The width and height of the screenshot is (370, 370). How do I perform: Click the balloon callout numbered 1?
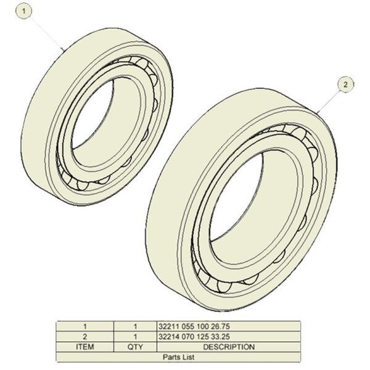(24, 11)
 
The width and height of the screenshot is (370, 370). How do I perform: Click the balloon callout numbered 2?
(345, 84)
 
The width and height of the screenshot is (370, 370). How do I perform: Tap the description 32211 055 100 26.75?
(194, 326)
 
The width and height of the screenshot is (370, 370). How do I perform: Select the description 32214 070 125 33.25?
(194, 337)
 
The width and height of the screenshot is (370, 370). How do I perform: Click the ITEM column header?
(85, 347)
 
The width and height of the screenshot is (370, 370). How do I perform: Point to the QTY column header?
(135, 347)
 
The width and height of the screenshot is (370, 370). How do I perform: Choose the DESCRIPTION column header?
(229, 347)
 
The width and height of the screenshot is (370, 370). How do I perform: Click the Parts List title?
(178, 357)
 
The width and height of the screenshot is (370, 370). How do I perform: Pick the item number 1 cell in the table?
(85, 326)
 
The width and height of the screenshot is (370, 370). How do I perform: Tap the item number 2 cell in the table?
(85, 337)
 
